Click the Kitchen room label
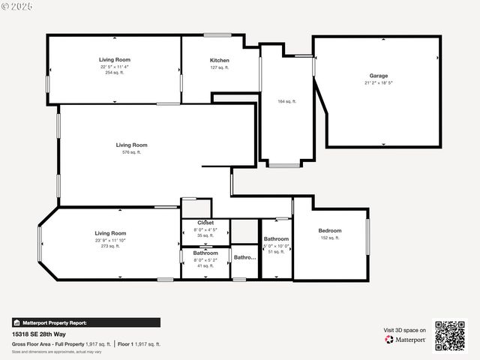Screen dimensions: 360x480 tap(220, 60)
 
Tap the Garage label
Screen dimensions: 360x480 tap(378, 76)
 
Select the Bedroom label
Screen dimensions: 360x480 tap(329, 230)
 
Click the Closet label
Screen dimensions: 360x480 tap(205, 223)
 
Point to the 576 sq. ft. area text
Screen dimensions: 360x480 tap(131, 152)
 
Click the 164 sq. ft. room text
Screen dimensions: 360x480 tap(287, 101)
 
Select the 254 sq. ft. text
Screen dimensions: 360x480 tap(115, 73)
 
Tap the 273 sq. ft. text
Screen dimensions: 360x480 tap(110, 246)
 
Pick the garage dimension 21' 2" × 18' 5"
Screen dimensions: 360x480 tap(379, 83)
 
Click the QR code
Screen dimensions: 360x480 tap(450, 335)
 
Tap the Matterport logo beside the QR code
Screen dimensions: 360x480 tap(405, 339)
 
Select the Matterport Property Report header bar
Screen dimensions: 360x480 tap(85, 322)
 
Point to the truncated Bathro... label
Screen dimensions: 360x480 tap(244, 257)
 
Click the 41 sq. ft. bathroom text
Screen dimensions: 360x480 tap(205, 266)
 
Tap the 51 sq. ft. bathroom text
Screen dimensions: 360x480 tap(276, 252)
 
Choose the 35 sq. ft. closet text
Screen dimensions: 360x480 tap(205, 235)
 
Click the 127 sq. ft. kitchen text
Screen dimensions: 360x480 tap(220, 67)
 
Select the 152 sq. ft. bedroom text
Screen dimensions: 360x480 tap(329, 238)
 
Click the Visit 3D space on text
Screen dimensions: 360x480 tap(405, 330)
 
